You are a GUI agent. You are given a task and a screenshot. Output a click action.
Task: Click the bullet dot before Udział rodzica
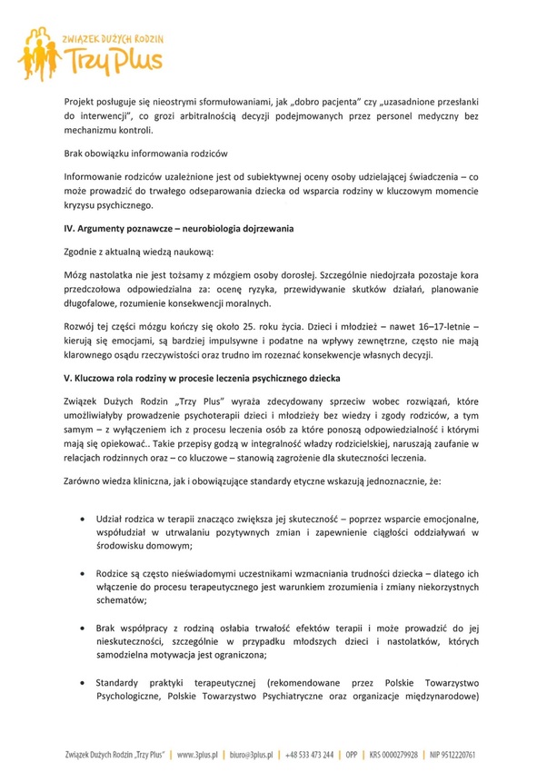coord(84,518)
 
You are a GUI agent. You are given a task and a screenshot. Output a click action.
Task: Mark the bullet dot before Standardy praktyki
coord(84,681)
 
